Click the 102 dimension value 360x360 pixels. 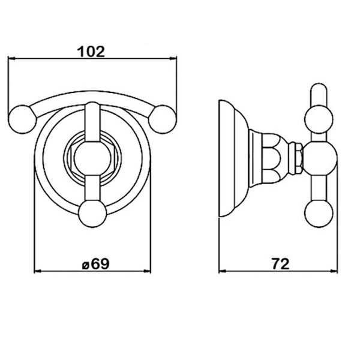[x=91, y=52]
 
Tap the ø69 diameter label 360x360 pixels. [x=96, y=264]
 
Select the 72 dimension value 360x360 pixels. [x=281, y=264]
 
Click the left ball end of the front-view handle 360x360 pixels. [x=22, y=119]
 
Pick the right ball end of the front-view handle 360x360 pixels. [x=163, y=119]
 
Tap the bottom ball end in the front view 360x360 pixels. [x=92, y=214]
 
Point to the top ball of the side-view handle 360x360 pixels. [x=319, y=119]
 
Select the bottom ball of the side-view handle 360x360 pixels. [x=319, y=214]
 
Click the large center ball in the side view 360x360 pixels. [x=320, y=158]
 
